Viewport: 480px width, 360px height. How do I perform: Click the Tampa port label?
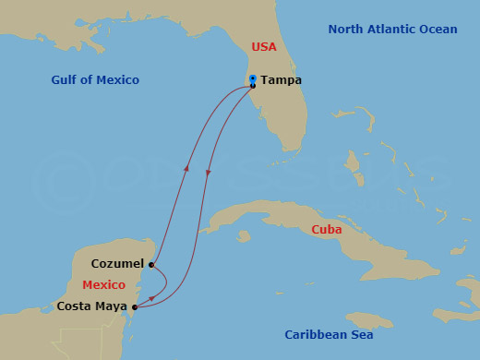point(281,80)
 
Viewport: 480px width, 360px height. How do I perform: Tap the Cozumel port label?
point(117,263)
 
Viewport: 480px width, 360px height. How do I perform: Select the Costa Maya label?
point(91,306)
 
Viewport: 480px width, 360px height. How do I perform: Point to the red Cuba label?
point(327,230)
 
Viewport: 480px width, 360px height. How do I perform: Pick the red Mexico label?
point(103,285)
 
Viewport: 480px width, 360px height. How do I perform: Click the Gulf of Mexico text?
point(95,80)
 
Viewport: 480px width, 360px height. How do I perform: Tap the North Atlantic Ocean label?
point(392,30)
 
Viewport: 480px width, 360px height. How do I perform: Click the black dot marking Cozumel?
point(150,264)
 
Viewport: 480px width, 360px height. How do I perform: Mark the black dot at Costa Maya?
point(135,306)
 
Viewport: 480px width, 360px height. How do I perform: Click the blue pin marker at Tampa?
point(252,80)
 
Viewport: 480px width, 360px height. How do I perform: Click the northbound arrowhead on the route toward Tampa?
point(186,169)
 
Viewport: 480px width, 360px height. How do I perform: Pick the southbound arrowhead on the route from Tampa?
point(209,173)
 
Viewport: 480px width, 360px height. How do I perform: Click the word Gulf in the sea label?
point(66,80)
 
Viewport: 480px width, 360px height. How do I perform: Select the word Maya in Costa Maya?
point(112,306)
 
